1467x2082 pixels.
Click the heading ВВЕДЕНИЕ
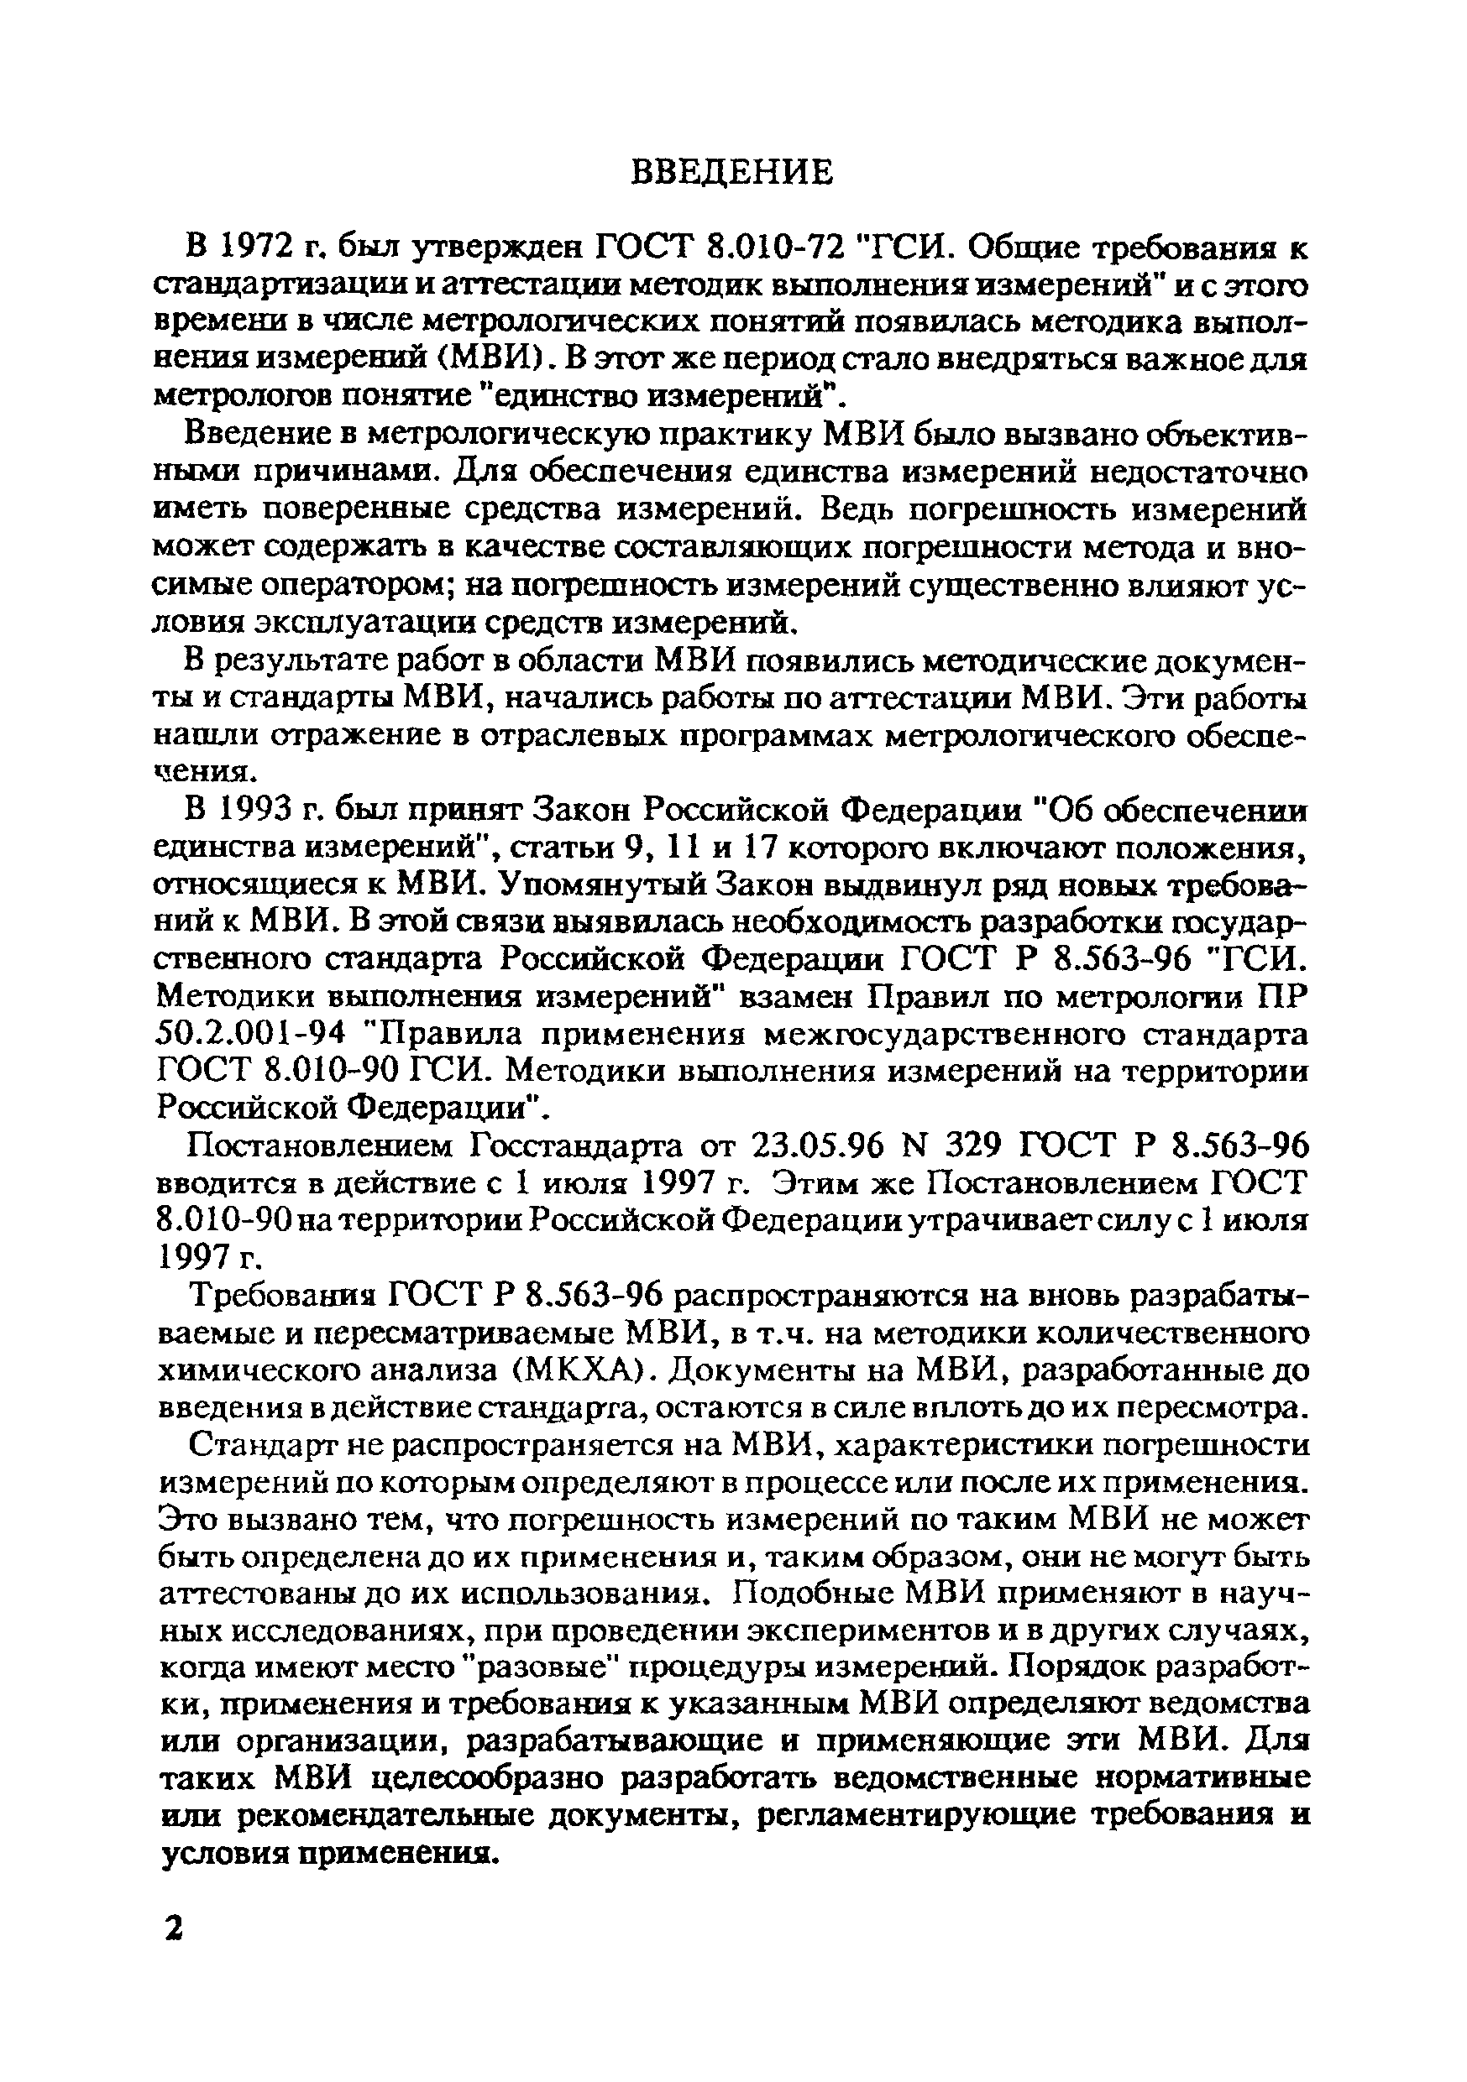click(x=731, y=171)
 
